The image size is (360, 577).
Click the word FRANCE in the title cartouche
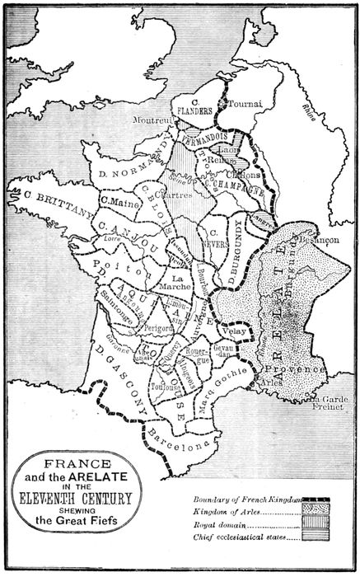coord(73,464)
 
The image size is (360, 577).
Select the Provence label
coord(302,372)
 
